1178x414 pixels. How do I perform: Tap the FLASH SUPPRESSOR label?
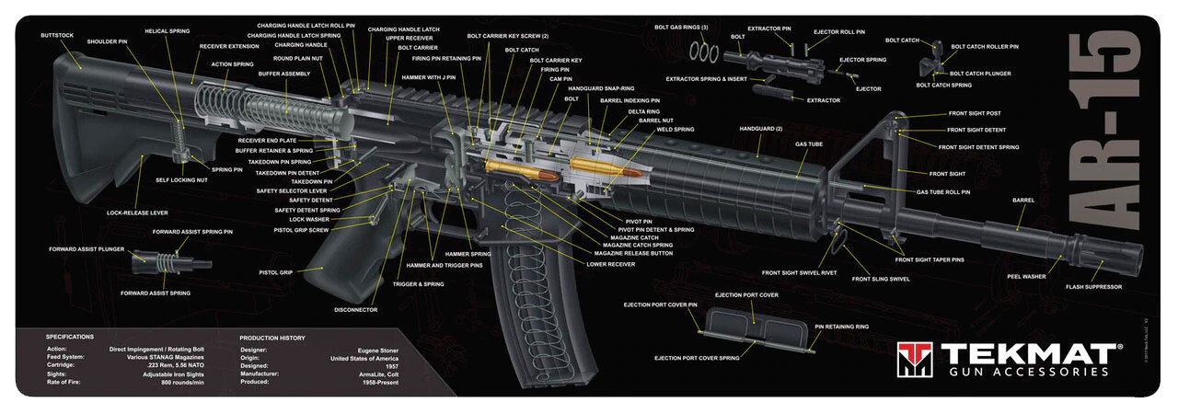1093,287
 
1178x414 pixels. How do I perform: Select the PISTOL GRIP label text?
275,272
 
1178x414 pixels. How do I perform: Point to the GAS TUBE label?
809,144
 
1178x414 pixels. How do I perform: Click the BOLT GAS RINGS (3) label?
681,28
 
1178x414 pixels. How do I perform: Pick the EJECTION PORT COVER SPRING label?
697,358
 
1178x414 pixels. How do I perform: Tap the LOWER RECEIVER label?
610,264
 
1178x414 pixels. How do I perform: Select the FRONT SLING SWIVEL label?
880,279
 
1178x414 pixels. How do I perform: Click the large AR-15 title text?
1108,137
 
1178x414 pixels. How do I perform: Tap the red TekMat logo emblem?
914,359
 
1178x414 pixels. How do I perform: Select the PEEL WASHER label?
1026,276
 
